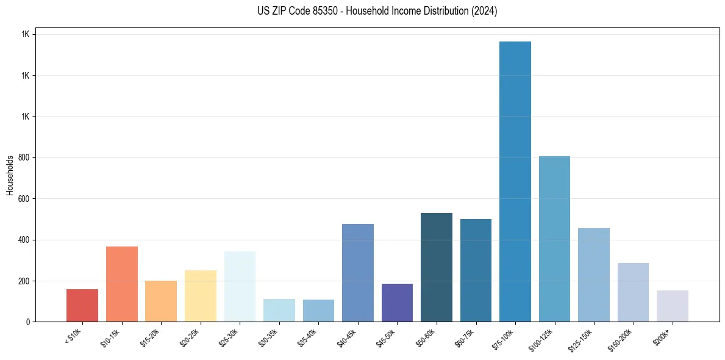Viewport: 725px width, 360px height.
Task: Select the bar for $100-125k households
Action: pyautogui.click(x=554, y=239)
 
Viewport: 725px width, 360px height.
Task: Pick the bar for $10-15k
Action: pyautogui.click(x=122, y=284)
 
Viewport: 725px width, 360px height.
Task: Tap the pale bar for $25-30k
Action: pyautogui.click(x=240, y=286)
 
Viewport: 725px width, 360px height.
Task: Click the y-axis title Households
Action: pyautogui.click(x=10, y=175)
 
